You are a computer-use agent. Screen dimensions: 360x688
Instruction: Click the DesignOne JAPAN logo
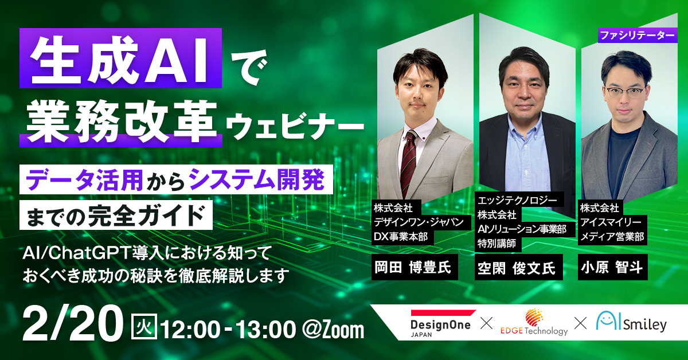[x=441, y=323]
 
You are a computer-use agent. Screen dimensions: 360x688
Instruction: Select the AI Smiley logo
[x=631, y=322]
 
